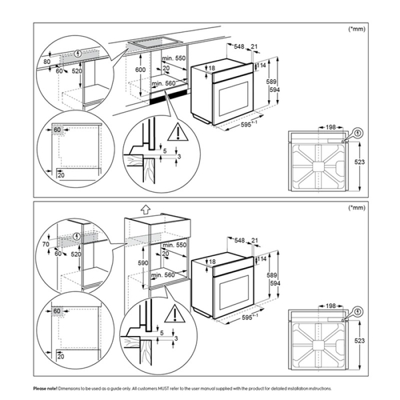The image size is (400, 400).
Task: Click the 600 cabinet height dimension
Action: pyautogui.click(x=140, y=69)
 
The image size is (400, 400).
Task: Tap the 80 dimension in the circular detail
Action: pyautogui.click(x=46, y=61)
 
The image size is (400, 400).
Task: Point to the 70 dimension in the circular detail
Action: pyautogui.click(x=46, y=245)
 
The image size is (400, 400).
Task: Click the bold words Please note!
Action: pyautogui.click(x=45, y=387)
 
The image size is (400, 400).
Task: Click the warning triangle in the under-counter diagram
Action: pyautogui.click(x=177, y=133)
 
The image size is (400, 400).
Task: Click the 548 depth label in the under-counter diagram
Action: pyautogui.click(x=241, y=47)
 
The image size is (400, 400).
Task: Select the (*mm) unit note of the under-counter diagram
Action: pyautogui.click(x=357, y=29)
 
